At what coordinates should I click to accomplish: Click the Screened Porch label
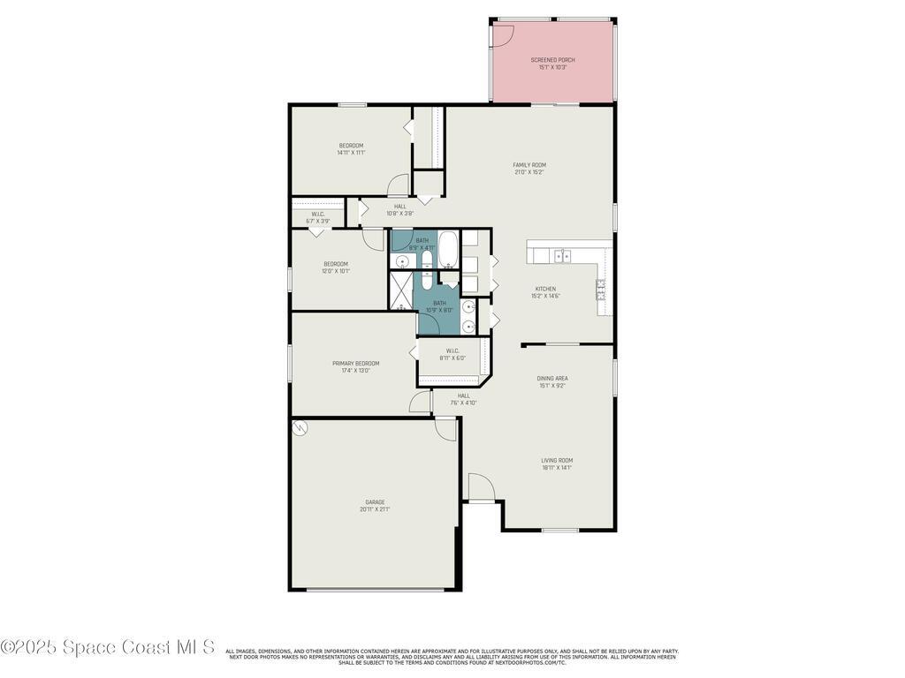coord(552,60)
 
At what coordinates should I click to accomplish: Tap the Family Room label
coord(529,165)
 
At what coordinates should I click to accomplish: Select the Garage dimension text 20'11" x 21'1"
coord(375,509)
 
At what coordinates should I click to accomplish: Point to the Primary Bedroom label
coord(355,364)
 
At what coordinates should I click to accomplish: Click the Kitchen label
coord(545,289)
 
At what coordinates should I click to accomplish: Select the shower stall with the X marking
coord(402,290)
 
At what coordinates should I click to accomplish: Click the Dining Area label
coord(552,379)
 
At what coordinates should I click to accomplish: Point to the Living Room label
coord(557,460)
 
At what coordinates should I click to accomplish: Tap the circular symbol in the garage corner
coord(300,428)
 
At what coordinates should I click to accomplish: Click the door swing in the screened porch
coord(502,34)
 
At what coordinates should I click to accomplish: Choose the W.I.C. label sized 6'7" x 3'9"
coord(317,214)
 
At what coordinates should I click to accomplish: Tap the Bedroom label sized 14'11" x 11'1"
coord(351,146)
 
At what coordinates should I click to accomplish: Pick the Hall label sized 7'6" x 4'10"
coord(464,395)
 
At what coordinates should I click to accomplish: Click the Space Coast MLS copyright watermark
coord(107,647)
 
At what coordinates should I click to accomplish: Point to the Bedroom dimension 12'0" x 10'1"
coord(336,271)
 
